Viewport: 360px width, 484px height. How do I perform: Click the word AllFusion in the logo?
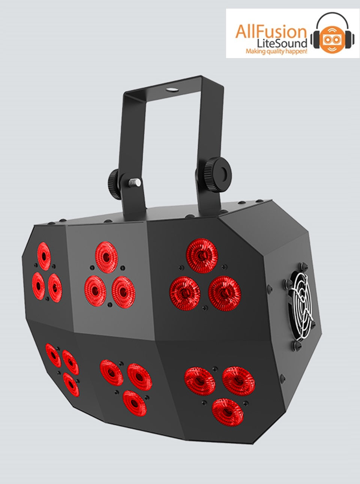coord(271,32)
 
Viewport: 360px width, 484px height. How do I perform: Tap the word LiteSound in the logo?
coord(282,43)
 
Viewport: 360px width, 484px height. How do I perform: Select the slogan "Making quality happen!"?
coord(276,51)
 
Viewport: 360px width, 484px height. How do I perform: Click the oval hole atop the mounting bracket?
coord(172,90)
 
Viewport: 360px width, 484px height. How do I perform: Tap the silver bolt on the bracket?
coord(134,183)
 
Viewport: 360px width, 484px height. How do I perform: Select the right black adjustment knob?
coord(215,175)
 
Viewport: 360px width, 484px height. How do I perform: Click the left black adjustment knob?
coord(114,184)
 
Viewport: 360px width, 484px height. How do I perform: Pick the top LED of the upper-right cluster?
coord(202,255)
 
